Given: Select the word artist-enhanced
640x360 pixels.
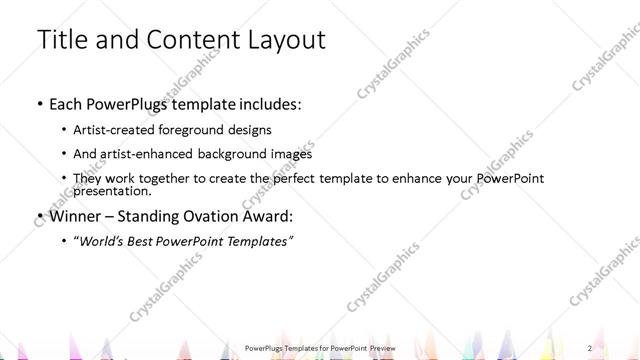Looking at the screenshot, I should [x=154, y=154].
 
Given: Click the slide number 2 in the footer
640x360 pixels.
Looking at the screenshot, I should [x=591, y=347].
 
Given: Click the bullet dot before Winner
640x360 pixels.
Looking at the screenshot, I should [x=39, y=217].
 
